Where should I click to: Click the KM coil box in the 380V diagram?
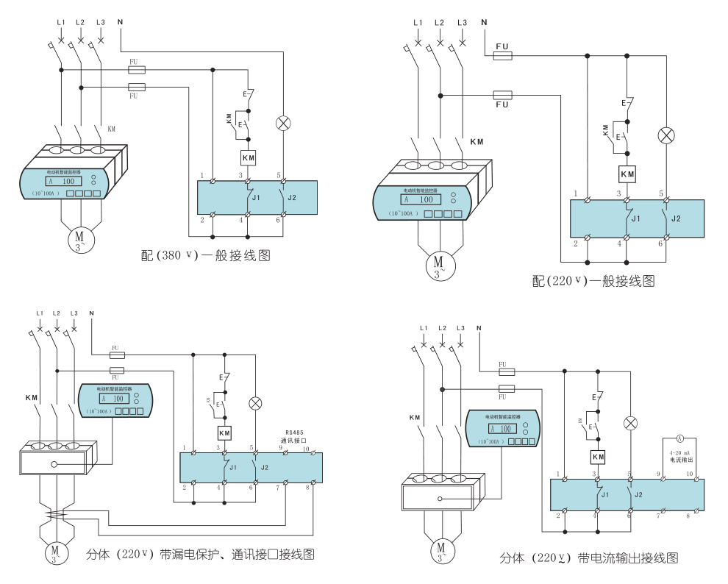click(248, 157)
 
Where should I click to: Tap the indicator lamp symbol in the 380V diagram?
click(282, 123)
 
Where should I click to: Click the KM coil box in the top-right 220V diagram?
click(627, 174)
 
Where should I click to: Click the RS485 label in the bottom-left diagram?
click(297, 432)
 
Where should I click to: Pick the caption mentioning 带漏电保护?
click(203, 553)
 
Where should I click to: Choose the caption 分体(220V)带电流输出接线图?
click(588, 558)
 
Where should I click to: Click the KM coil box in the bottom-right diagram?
click(598, 457)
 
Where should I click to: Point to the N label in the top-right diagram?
click(484, 22)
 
